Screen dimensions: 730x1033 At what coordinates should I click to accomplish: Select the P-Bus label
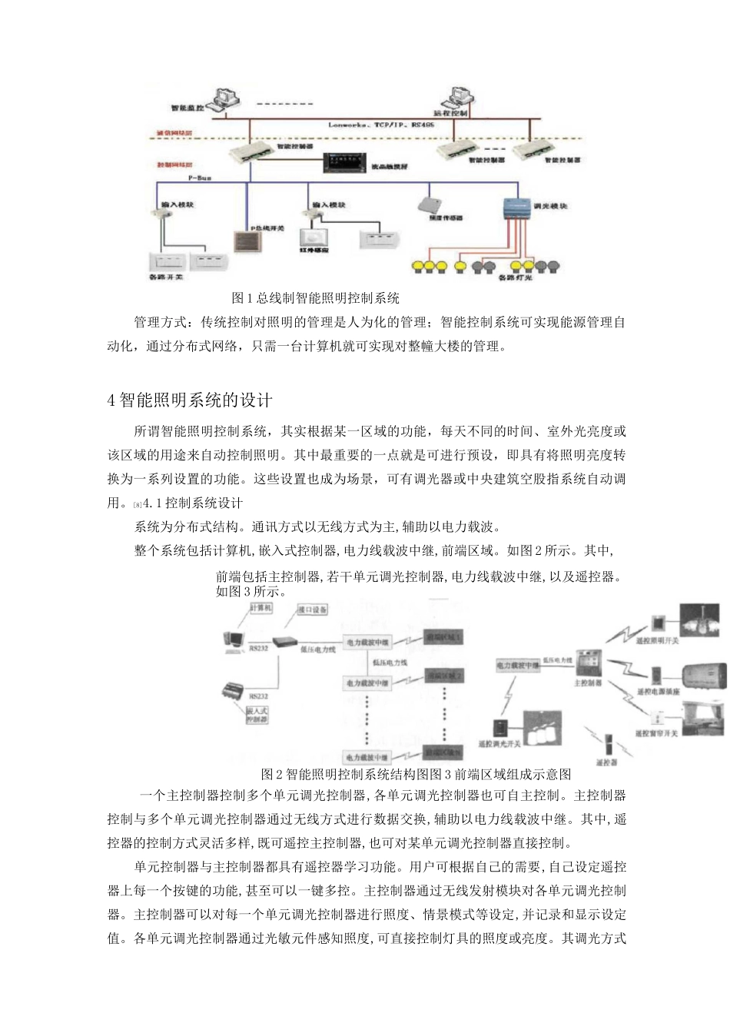click(x=199, y=178)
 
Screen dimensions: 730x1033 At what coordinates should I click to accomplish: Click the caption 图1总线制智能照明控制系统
click(x=315, y=297)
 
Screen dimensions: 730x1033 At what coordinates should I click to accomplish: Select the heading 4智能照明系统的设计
click(x=190, y=401)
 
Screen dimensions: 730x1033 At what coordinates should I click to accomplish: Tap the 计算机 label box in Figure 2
click(x=261, y=607)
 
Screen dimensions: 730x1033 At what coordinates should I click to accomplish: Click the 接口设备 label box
click(x=313, y=610)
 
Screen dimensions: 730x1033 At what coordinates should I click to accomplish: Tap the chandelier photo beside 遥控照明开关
click(x=699, y=622)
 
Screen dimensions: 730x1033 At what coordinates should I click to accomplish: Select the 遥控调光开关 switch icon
click(x=500, y=728)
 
